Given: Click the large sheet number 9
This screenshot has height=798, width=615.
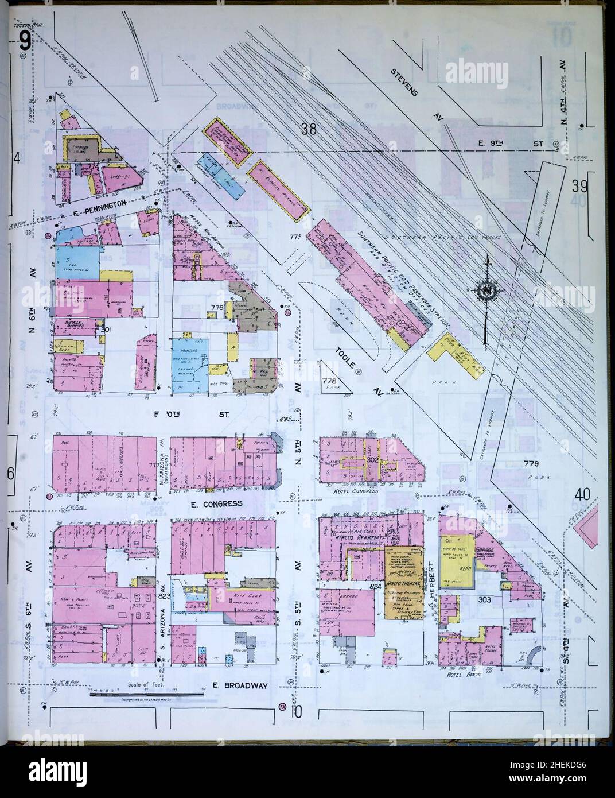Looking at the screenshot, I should tap(24, 40).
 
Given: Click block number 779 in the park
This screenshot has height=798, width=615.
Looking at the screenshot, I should tap(532, 463).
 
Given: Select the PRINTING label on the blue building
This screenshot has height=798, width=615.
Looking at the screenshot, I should tap(188, 350).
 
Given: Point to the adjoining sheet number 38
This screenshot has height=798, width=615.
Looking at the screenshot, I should tap(308, 129).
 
